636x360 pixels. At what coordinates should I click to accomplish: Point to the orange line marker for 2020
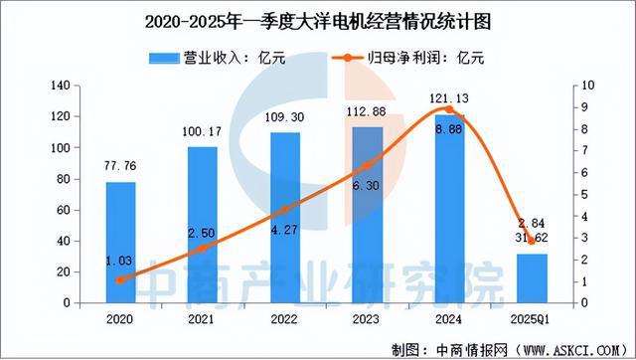(x=120, y=279)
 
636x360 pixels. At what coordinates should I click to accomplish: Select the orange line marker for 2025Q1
(x=533, y=241)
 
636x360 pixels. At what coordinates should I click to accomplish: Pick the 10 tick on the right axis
(x=586, y=87)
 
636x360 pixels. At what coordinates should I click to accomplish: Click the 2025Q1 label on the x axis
(x=533, y=320)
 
